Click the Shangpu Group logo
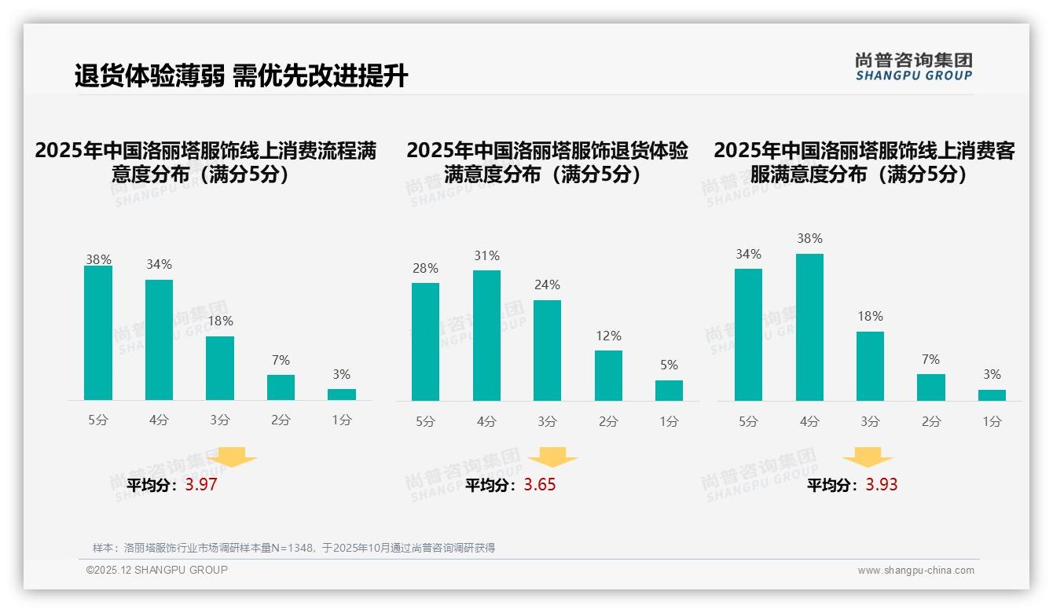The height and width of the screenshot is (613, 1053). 913,67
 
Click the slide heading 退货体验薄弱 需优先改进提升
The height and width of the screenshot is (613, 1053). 241,76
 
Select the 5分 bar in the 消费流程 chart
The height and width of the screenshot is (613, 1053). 98,333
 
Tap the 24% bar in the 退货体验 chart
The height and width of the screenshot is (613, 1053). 547,351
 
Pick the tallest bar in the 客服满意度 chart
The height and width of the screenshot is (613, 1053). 809,327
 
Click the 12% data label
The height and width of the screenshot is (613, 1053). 608,336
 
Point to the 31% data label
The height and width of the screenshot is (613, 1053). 486,256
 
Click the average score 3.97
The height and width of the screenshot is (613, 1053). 201,485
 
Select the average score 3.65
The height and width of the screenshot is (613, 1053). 540,485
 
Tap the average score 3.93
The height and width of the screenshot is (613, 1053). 882,485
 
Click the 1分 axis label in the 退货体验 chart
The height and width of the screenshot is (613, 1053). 669,422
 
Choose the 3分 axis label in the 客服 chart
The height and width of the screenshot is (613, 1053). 870,422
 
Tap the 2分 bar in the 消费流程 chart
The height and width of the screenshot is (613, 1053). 281,387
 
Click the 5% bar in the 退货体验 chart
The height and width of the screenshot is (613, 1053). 669,391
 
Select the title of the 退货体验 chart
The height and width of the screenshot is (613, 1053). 547,163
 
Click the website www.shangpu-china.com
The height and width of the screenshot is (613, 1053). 915,571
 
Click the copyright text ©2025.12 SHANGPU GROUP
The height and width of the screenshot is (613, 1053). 157,570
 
